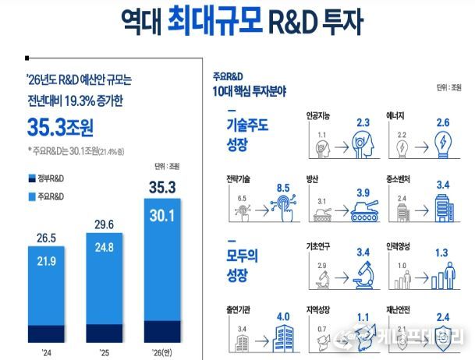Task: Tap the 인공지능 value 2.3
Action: click(363, 122)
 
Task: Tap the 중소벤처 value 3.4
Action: click(441, 185)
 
